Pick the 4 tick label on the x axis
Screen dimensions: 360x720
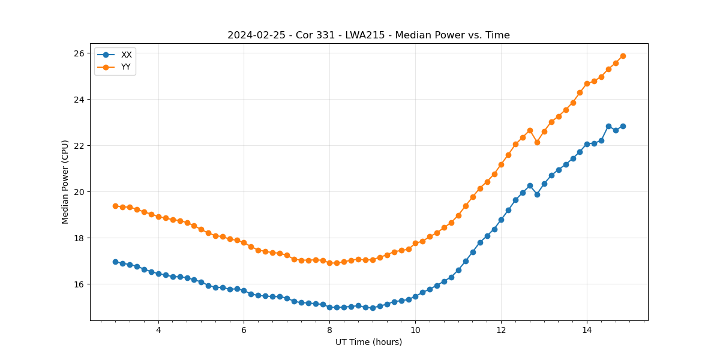158,329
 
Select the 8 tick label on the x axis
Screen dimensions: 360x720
329,329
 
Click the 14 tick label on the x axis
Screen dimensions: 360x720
586,329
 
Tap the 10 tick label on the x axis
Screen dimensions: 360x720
415,329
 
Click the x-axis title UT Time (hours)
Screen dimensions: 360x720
368,342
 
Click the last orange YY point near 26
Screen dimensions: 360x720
623,56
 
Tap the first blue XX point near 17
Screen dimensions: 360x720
115,262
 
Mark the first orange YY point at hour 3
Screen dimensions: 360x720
115,206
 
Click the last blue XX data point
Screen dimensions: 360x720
623,126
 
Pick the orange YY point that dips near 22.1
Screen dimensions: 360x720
537,142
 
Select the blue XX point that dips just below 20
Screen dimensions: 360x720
537,194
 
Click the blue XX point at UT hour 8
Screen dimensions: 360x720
329,307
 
